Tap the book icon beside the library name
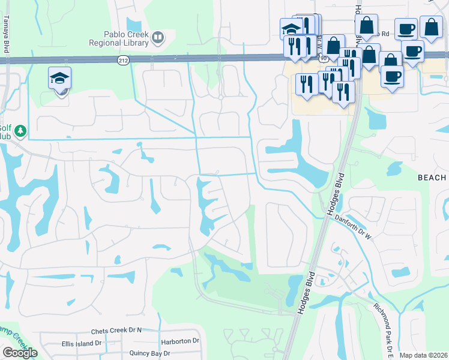coord(157,39)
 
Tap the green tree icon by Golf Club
coord(20,130)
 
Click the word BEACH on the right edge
coord(432,178)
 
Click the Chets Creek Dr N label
coord(116,331)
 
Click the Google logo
coord(20,353)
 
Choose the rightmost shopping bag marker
coord(432,26)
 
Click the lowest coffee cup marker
coord(392,76)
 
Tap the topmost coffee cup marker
coord(406,28)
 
